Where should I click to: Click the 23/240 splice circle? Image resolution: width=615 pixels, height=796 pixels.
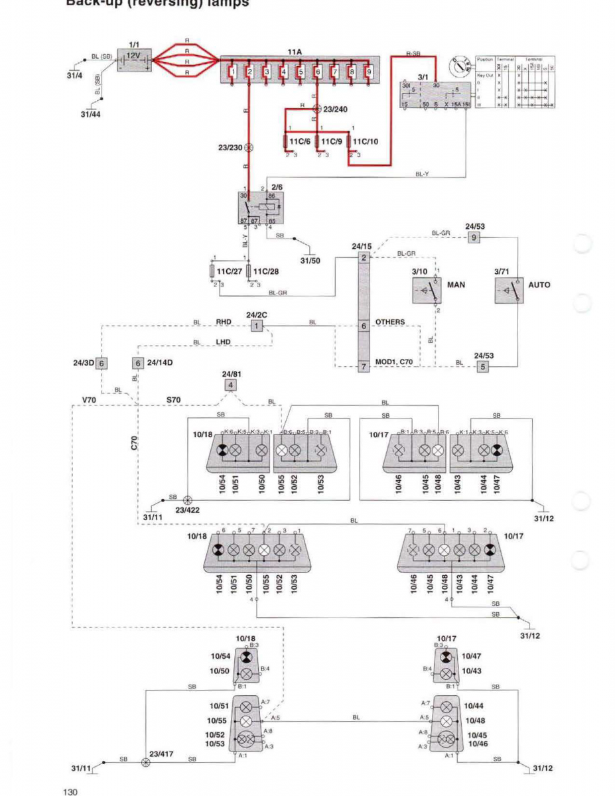[x=317, y=108]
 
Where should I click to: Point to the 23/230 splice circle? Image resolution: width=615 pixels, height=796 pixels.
[x=249, y=147]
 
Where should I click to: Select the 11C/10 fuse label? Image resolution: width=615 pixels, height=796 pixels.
[x=366, y=141]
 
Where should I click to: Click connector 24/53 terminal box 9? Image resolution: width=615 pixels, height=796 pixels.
[x=473, y=237]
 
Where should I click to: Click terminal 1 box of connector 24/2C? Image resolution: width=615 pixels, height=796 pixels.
[x=257, y=326]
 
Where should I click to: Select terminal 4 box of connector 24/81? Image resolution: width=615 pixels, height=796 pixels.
[x=230, y=385]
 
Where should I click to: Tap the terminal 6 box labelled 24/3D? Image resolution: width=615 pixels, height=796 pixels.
[x=101, y=363]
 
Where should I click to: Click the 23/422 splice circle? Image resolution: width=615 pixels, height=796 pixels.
[x=188, y=499]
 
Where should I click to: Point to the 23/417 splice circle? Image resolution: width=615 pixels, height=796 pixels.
[x=146, y=763]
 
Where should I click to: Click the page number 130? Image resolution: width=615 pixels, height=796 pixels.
[x=71, y=791]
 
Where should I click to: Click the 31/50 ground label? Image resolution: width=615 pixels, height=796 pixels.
[x=310, y=260]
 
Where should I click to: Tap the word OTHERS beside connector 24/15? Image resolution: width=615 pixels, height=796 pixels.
[x=390, y=322]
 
